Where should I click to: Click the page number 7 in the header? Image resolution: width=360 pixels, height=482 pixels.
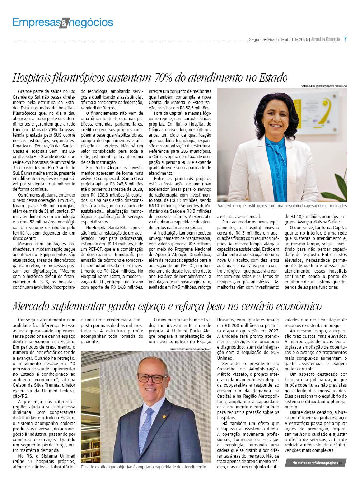tap(345, 39)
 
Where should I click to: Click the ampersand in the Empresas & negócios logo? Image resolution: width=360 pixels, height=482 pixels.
tap(63, 24)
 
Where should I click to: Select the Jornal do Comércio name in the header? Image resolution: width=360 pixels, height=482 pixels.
tap(325, 39)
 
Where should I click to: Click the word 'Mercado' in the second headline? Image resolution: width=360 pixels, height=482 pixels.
tap(31, 306)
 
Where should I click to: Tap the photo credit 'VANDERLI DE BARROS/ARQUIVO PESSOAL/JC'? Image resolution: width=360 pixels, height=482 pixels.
tap(324, 86)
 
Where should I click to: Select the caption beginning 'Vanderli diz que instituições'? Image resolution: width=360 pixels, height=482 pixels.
tap(282, 206)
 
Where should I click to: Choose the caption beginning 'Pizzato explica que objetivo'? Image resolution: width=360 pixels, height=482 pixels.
tap(144, 467)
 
